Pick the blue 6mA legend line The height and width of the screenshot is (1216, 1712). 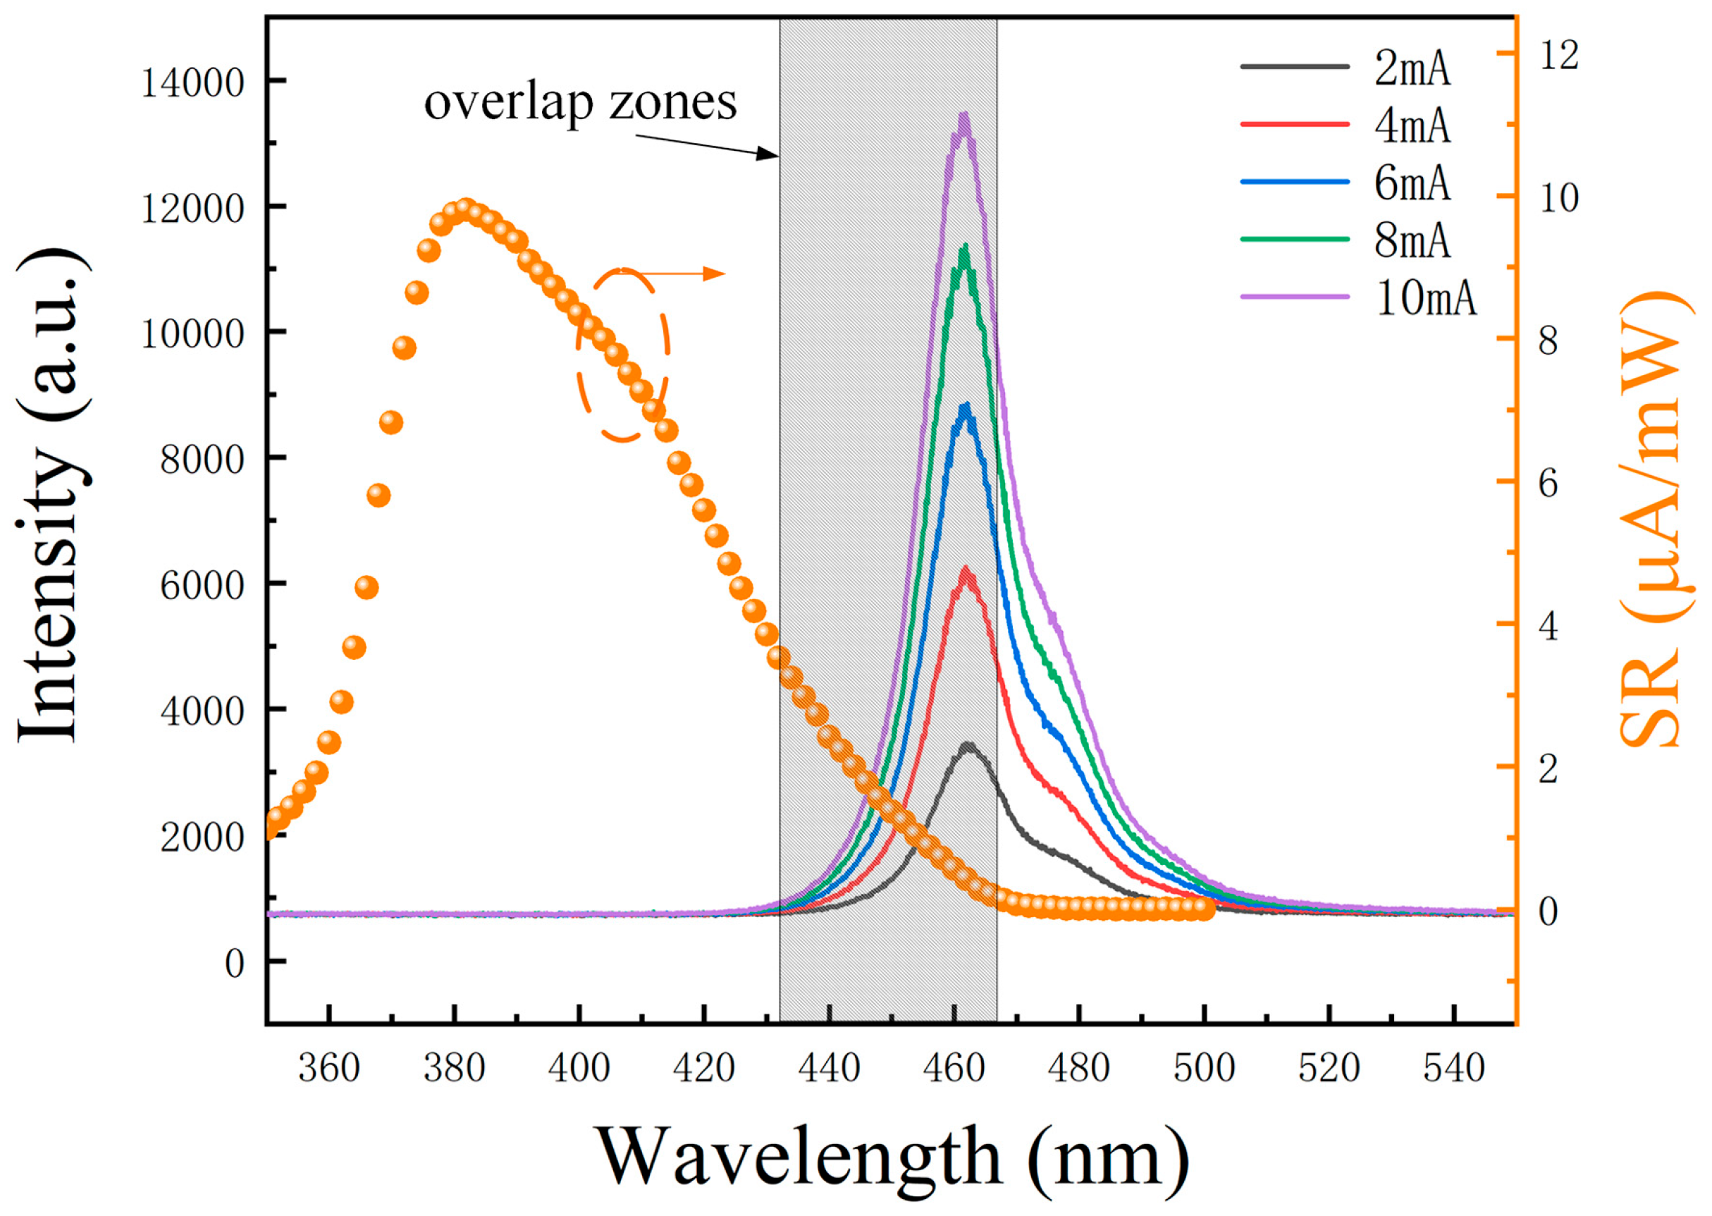click(1294, 183)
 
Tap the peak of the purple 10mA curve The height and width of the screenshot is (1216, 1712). click(964, 117)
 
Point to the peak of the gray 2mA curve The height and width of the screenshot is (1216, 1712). click(968, 746)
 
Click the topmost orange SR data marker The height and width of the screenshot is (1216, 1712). click(465, 209)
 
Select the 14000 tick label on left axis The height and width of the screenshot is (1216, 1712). click(193, 82)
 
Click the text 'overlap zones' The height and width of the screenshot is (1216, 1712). click(580, 103)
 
